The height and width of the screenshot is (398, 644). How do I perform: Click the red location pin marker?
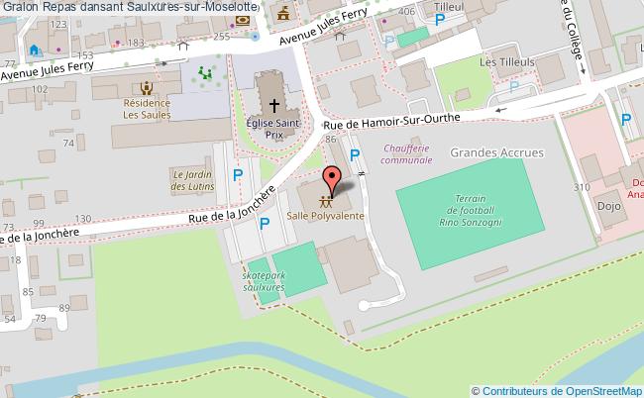[x=333, y=178]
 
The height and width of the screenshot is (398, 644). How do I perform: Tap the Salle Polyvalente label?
[x=325, y=216]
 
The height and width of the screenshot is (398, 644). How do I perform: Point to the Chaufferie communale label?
[x=406, y=153]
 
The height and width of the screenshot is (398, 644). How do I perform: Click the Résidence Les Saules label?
[x=147, y=108]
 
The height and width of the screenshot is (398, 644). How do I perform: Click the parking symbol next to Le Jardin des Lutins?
[x=236, y=175]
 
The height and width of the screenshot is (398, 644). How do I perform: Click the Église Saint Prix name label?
[x=274, y=127]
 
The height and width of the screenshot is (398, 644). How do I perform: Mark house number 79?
[x=40, y=317]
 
